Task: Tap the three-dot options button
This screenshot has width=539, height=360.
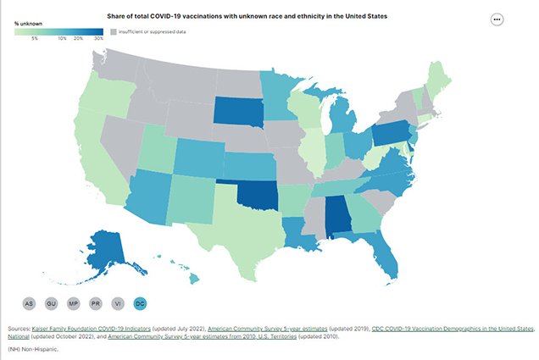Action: point(496,19)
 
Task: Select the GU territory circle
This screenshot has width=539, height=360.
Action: point(53,302)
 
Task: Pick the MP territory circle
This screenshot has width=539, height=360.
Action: point(75,302)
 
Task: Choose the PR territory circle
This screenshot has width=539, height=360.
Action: point(97,302)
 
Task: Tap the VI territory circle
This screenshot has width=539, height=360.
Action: point(119,302)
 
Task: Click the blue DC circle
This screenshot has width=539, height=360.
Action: point(141,302)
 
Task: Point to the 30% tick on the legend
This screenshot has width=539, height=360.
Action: point(98,39)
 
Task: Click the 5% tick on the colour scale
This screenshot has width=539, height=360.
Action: point(35,39)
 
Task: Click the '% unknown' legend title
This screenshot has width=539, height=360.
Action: point(27,23)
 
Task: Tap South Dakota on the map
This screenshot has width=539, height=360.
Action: point(238,111)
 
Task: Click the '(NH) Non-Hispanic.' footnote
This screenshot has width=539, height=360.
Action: point(31,349)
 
